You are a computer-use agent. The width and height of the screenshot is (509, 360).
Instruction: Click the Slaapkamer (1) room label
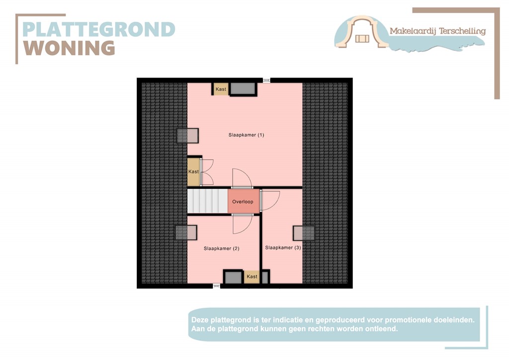pos(246,135)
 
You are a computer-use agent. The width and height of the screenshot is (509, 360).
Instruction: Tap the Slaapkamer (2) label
pos(222,249)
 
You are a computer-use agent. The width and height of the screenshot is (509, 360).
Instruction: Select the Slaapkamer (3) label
pos(283,248)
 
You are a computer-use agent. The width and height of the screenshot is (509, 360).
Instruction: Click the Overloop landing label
pos(243,202)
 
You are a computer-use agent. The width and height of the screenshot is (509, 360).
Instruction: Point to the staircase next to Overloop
pos(207,201)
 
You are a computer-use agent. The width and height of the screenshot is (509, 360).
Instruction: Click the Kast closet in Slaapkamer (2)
pos(252,276)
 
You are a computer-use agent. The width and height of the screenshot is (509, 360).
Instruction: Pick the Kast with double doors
pos(193,172)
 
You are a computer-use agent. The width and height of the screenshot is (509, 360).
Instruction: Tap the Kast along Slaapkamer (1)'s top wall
pos(221,90)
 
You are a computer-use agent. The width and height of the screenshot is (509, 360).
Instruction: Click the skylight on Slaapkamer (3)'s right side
pos(304,233)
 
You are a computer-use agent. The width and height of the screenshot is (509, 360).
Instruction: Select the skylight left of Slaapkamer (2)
pos(186,232)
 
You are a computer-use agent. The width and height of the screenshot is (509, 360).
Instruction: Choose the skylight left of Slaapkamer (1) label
pos(188,135)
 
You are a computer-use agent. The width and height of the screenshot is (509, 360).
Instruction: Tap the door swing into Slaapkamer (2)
pos(242,224)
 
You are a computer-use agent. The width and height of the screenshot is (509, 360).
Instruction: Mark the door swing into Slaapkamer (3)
pos(270,200)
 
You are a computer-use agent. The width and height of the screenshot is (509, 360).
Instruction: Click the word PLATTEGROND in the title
pos(99,29)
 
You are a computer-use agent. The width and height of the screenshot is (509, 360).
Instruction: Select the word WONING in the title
pos(70,49)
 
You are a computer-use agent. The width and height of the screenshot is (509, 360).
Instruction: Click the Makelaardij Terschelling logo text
pos(437,31)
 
